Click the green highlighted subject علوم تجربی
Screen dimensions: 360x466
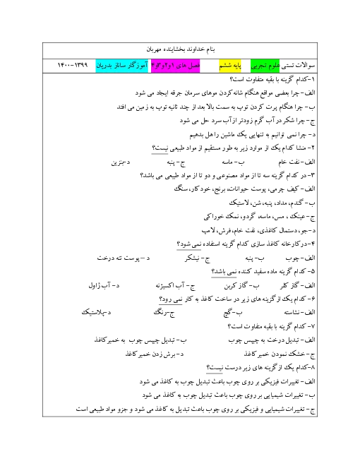[265, 66]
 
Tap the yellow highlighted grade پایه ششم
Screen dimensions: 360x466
[230, 66]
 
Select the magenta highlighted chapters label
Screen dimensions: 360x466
[176, 66]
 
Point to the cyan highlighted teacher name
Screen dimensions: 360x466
[122, 66]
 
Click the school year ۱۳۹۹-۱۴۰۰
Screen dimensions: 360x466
[73, 65]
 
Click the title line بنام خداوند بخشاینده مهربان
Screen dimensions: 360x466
[180, 49]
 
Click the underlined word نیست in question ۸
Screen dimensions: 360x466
[214, 368]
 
